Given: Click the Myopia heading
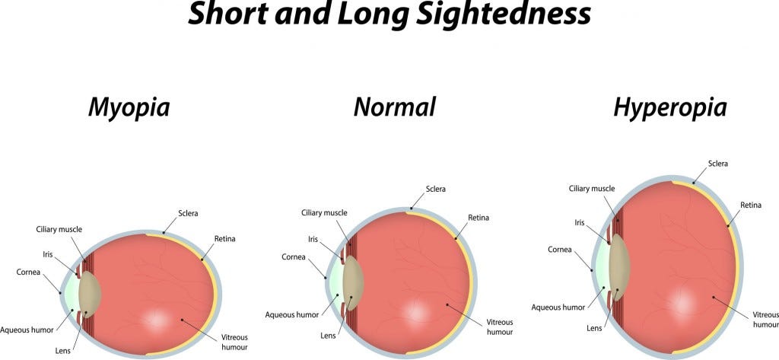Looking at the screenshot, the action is click(129, 108).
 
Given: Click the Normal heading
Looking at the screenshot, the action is click(395, 107).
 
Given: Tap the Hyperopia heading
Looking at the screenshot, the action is click(670, 108).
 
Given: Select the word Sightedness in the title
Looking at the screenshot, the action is click(504, 15).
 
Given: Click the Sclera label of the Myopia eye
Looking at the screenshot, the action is click(188, 213).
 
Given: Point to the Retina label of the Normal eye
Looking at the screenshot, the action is click(479, 217).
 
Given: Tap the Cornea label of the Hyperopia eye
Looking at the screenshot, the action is click(560, 249).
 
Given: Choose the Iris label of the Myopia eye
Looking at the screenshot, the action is click(48, 254).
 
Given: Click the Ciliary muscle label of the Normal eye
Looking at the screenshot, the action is click(324, 213).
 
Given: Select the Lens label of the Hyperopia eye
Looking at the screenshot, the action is click(594, 328).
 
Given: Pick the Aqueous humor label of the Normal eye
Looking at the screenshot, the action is click(291, 315).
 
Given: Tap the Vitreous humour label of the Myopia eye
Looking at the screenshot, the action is click(234, 342).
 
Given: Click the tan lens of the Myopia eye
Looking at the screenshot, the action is click(90, 295).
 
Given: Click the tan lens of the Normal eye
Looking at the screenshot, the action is click(352, 283).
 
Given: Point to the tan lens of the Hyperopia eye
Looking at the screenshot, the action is click(619, 267).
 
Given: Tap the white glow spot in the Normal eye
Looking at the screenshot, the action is click(416, 312).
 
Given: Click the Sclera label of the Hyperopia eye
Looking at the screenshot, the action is click(718, 163).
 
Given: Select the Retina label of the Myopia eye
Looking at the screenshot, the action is click(224, 239).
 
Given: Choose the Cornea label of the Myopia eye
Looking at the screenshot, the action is click(28, 272).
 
